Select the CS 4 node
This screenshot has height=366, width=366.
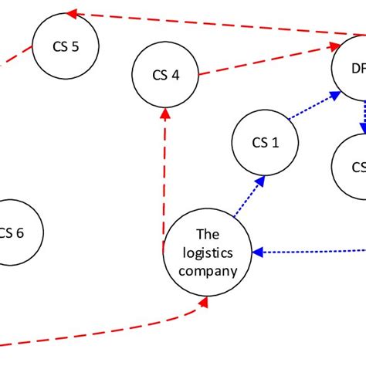click(x=165, y=75)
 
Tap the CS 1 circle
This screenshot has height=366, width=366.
click(x=264, y=142)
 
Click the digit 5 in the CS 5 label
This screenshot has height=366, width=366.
click(x=74, y=46)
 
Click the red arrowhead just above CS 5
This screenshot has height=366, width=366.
click(x=71, y=13)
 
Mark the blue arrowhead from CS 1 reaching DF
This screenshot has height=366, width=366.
click(x=335, y=94)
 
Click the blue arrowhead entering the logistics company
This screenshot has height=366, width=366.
click(x=260, y=252)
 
